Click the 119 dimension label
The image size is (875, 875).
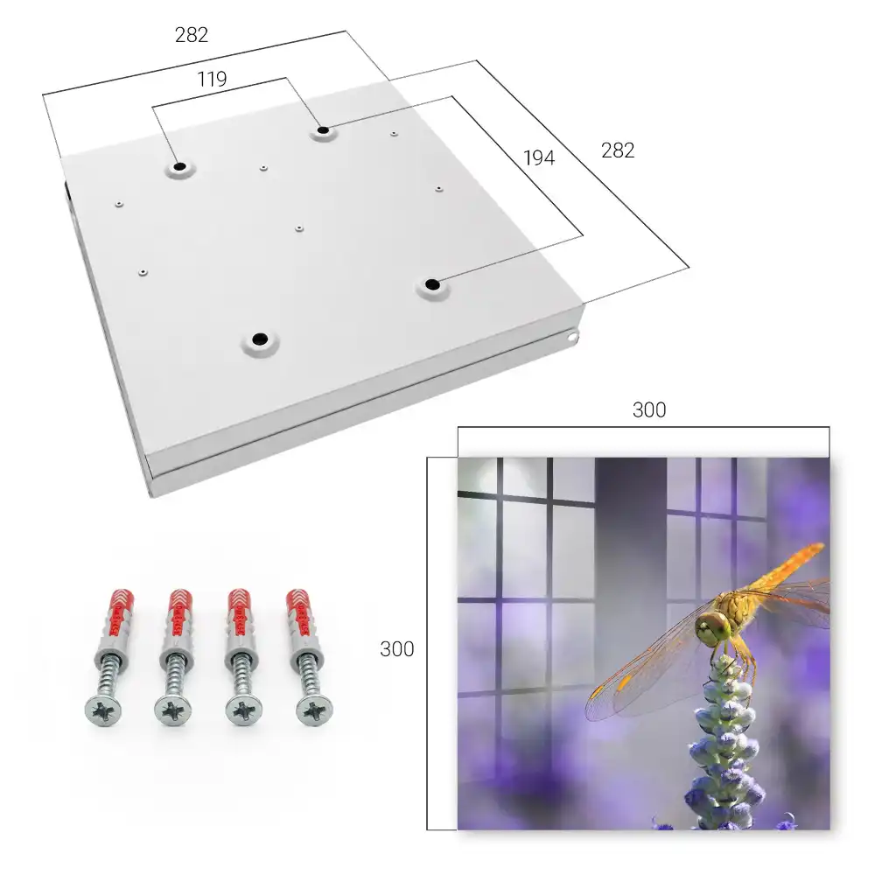(x=212, y=80)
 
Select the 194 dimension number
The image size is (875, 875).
(x=539, y=158)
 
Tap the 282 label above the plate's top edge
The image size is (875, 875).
(x=192, y=35)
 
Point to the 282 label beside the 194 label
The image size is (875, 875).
(x=618, y=150)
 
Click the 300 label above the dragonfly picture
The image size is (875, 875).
(x=649, y=410)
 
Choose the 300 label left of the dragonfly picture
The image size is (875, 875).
(x=396, y=649)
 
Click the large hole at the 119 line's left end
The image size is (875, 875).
(x=180, y=166)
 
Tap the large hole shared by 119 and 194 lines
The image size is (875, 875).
(x=323, y=130)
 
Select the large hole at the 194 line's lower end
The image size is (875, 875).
(x=432, y=284)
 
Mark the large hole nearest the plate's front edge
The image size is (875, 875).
(x=260, y=339)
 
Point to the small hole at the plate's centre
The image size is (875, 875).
(x=299, y=228)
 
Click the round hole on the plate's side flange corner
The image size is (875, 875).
(x=572, y=337)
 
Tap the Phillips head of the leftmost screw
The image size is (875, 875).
(x=103, y=710)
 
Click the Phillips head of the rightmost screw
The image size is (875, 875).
(x=314, y=710)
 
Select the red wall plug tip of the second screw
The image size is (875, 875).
(x=180, y=612)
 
